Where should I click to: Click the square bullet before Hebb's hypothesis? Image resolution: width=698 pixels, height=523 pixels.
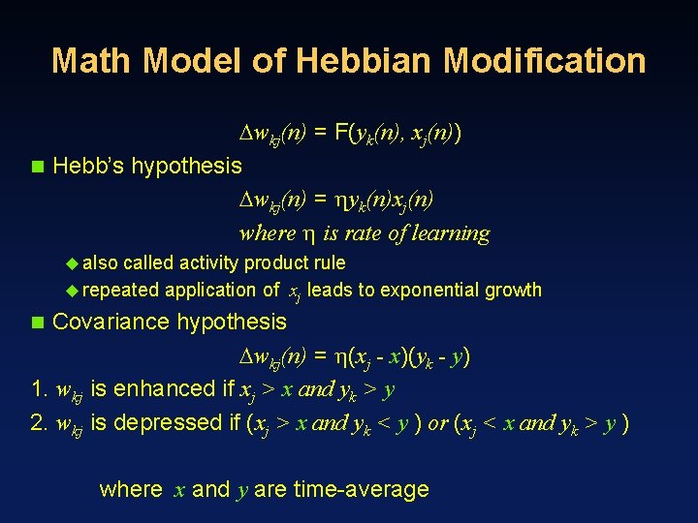37,166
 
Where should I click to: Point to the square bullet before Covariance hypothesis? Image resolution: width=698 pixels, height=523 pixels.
37,322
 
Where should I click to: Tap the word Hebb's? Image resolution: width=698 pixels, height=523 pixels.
88,166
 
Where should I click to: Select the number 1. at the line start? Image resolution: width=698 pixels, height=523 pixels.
39,389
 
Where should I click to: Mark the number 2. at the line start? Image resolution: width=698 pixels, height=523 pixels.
39,423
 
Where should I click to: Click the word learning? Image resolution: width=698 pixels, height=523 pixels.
453,233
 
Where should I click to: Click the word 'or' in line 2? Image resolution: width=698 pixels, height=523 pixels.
437,423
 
